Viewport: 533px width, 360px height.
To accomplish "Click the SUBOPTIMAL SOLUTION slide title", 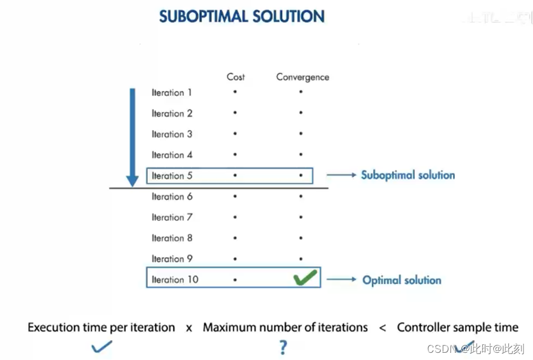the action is tap(242, 16).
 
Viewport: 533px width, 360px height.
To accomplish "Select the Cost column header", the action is tap(235, 77).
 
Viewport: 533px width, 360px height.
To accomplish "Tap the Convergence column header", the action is tap(302, 77).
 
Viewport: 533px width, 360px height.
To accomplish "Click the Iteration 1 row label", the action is tap(172, 93).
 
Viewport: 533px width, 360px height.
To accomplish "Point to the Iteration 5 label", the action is tap(172, 176).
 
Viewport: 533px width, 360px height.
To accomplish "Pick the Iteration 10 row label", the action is tap(175, 279).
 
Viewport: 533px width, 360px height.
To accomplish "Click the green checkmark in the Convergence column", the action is tap(305, 279).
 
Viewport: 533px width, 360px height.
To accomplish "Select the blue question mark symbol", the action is tap(283, 347).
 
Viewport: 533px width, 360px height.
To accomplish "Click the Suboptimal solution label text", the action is tap(408, 175).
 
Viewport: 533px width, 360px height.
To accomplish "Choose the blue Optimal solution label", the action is tap(402, 280).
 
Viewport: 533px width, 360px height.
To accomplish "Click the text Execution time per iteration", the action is tap(101, 327).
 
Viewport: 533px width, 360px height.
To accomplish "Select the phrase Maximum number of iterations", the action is tap(285, 327).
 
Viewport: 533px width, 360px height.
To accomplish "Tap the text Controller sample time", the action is tap(457, 327).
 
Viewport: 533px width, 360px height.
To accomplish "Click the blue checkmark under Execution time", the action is tap(101, 346).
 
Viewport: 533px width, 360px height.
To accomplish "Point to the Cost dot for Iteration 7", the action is tap(235, 217).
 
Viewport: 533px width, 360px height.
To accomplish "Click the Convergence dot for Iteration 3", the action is tap(301, 134).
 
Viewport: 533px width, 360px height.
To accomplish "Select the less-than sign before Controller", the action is tap(382, 328).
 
